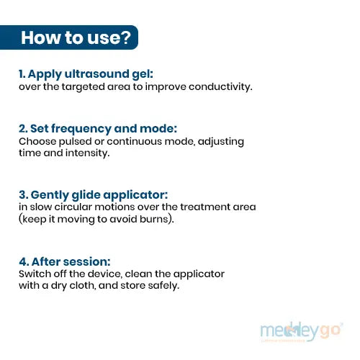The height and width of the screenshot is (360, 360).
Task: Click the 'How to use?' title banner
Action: click(x=69, y=37)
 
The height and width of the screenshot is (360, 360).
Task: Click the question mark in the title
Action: click(x=125, y=37)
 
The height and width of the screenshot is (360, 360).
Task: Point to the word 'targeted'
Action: click(x=84, y=87)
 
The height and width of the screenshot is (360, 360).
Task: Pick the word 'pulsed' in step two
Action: click(x=75, y=142)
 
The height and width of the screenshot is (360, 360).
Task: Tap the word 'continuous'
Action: click(x=135, y=141)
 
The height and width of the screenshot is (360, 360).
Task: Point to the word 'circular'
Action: click(x=73, y=207)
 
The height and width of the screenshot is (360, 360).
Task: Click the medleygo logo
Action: click(x=302, y=331)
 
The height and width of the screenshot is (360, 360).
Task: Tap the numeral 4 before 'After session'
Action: click(x=22, y=262)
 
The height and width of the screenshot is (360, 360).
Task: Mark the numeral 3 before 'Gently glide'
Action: click(x=22, y=194)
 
